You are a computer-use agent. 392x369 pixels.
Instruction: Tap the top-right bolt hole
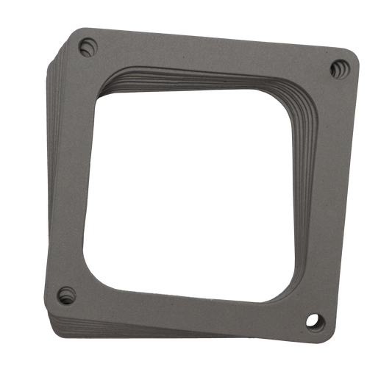pyautogui.click(x=340, y=68)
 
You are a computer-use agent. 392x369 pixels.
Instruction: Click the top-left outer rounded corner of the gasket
pyautogui.click(x=74, y=32)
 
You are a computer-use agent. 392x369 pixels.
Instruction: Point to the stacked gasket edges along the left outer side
pyautogui.click(x=49, y=176)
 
